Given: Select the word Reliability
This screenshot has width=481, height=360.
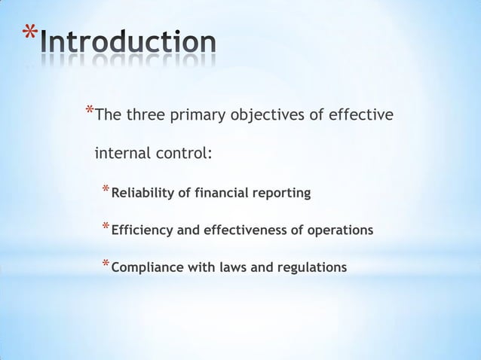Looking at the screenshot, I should [x=142, y=194].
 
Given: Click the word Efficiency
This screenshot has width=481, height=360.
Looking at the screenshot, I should [x=142, y=230].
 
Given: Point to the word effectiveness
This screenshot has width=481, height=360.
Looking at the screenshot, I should [x=244, y=230].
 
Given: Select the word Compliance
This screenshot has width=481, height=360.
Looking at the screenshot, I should [x=143, y=267].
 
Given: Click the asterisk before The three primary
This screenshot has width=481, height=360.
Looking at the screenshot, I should [x=90, y=114].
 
